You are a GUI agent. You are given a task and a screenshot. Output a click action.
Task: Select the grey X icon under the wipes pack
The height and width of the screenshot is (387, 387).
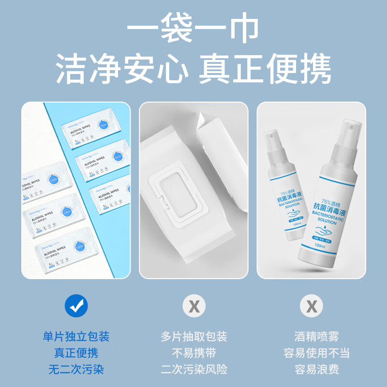tap(194, 306)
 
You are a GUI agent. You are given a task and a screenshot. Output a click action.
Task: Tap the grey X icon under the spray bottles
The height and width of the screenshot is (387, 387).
tap(312, 306)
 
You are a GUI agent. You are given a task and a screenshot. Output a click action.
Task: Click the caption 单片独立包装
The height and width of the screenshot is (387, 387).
tap(76, 336)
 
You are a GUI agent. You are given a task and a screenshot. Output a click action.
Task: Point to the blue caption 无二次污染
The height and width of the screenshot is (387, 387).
tap(76, 370)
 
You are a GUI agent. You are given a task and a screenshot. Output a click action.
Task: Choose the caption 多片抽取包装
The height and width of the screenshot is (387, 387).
tap(194, 336)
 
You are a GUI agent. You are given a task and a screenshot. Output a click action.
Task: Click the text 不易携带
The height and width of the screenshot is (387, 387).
tap(194, 353)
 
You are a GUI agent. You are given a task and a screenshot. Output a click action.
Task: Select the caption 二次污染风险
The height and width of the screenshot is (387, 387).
tap(194, 370)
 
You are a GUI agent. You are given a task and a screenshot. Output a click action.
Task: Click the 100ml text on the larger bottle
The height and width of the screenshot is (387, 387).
tap(319, 246)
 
